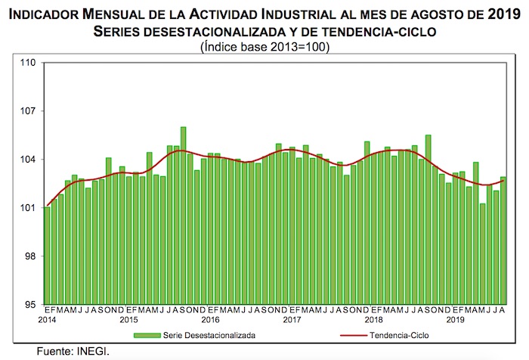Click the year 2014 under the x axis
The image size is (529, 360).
click(47, 321)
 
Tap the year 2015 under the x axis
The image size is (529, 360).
click(129, 321)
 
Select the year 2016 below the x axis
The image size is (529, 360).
click(210, 321)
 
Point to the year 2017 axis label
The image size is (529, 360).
click(292, 321)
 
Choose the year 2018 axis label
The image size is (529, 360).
click(373, 321)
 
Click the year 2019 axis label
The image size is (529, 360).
click(454, 321)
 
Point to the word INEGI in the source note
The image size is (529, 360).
click(94, 351)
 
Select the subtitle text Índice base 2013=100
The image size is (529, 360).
click(264, 46)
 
